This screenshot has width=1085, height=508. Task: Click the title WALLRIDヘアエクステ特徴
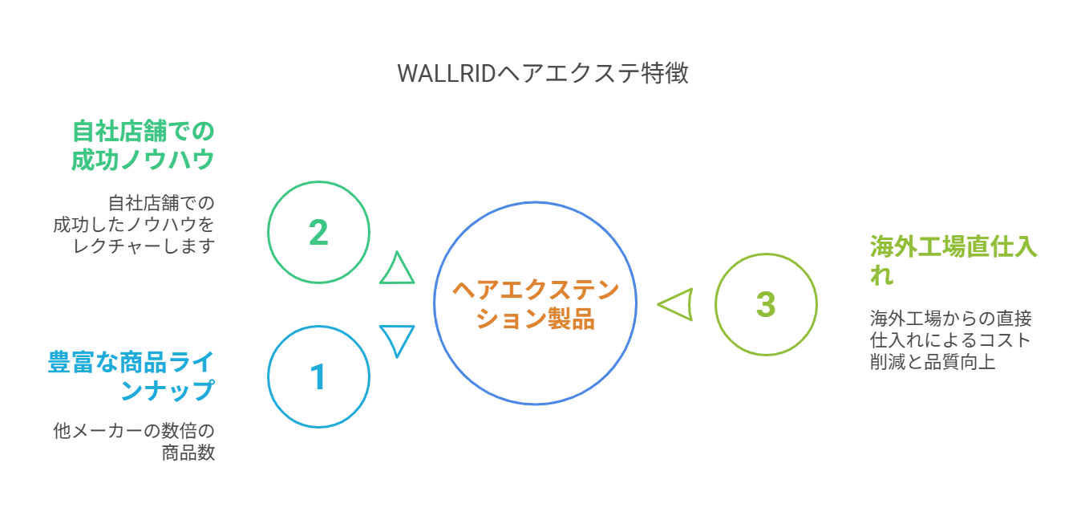click(542, 74)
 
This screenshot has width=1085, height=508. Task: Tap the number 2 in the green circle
click(318, 232)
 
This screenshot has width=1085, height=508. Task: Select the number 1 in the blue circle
click(318, 376)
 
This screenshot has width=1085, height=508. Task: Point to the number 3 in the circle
click(766, 304)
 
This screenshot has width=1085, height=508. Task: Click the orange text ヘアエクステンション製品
click(535, 304)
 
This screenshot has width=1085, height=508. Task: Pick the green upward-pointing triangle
click(397, 267)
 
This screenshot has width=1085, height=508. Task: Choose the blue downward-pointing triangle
click(397, 341)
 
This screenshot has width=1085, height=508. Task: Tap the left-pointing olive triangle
click(675, 304)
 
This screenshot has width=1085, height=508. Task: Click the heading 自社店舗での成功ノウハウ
click(143, 145)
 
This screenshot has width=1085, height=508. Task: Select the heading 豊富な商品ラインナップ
click(131, 376)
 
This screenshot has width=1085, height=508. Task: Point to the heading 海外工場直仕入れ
click(953, 261)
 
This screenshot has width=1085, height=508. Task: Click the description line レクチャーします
click(144, 246)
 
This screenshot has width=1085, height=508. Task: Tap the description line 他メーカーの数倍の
click(134, 430)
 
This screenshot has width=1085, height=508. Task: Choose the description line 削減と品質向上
click(933, 362)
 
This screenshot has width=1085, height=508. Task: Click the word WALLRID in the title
click(447, 74)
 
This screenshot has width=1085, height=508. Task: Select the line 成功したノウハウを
click(134, 225)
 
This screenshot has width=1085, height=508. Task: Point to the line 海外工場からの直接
click(951, 319)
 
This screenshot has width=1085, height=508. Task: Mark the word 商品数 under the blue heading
click(188, 453)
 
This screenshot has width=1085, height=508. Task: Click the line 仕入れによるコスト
click(949, 340)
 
